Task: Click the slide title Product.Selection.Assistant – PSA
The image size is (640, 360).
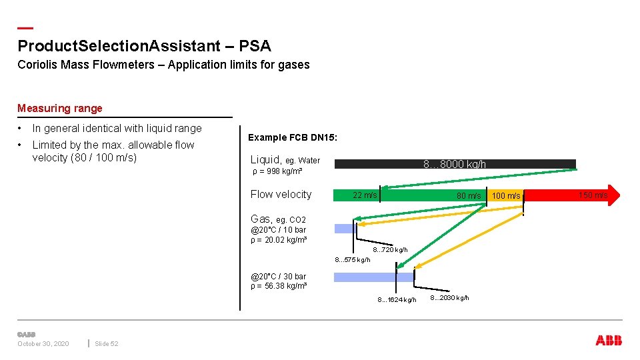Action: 144,46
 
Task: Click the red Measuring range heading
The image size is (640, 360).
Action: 60,108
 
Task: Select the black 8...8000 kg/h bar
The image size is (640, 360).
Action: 455,164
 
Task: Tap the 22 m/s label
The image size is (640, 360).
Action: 365,195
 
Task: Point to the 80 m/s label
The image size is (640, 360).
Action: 468,195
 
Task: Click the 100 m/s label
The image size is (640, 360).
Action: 505,195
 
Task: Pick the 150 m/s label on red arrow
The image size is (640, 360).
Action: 593,195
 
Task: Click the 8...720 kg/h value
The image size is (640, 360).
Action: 390,250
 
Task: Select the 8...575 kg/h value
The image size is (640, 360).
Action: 353,259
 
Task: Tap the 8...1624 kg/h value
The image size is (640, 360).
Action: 397,299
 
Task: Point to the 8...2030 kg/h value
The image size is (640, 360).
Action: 449,297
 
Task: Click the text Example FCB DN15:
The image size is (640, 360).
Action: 293,137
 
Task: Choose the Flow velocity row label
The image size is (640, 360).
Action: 281,194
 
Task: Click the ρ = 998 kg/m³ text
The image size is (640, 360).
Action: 278,171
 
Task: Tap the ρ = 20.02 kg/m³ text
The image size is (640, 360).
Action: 279,240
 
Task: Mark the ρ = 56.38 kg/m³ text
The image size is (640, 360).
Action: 279,286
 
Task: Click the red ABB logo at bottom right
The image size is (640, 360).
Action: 609,341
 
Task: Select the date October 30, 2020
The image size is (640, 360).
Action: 43,343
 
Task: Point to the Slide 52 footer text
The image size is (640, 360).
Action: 107,343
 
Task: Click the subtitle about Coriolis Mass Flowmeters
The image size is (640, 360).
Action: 163,65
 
